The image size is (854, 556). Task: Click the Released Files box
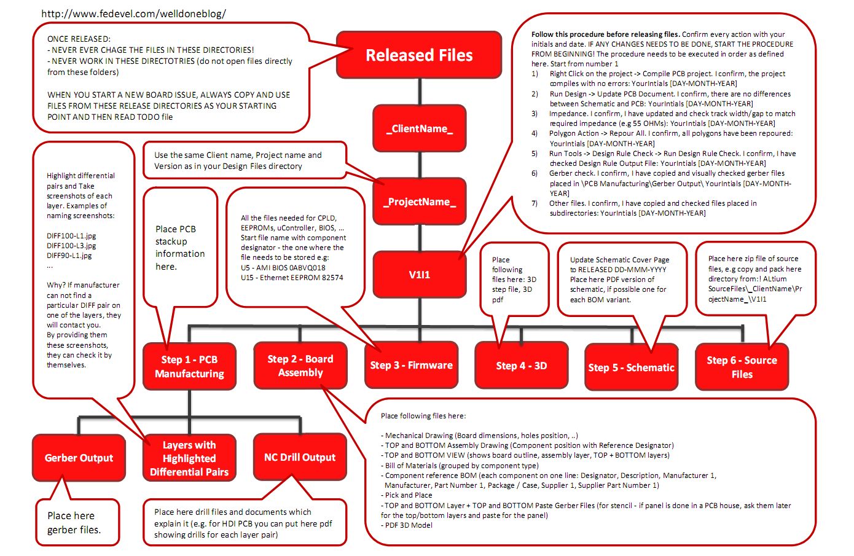[x=419, y=55]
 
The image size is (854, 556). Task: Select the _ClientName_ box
[x=420, y=129]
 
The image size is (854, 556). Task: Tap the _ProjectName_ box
[x=420, y=202]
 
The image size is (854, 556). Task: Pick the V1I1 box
[x=420, y=275]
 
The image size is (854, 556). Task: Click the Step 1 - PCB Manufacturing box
[x=189, y=367]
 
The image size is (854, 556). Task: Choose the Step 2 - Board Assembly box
[x=300, y=366]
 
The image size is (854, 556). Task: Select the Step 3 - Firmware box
[x=411, y=366]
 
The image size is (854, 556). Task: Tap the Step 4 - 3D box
[x=521, y=366]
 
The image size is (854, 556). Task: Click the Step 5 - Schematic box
[x=631, y=367]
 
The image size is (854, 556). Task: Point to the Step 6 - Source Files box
[x=742, y=367]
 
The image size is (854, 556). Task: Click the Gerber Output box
[x=79, y=458]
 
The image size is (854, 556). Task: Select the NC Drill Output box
[x=300, y=457]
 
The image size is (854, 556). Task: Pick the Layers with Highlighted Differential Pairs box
[x=189, y=458]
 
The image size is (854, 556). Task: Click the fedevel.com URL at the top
[x=133, y=14]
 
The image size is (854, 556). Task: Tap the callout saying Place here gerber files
[x=74, y=523]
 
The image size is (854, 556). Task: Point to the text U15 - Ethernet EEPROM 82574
[x=292, y=278]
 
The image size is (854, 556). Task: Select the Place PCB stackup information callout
[x=179, y=248]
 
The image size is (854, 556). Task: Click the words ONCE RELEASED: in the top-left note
[x=79, y=39]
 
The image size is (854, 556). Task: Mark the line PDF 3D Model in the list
[x=408, y=525]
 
